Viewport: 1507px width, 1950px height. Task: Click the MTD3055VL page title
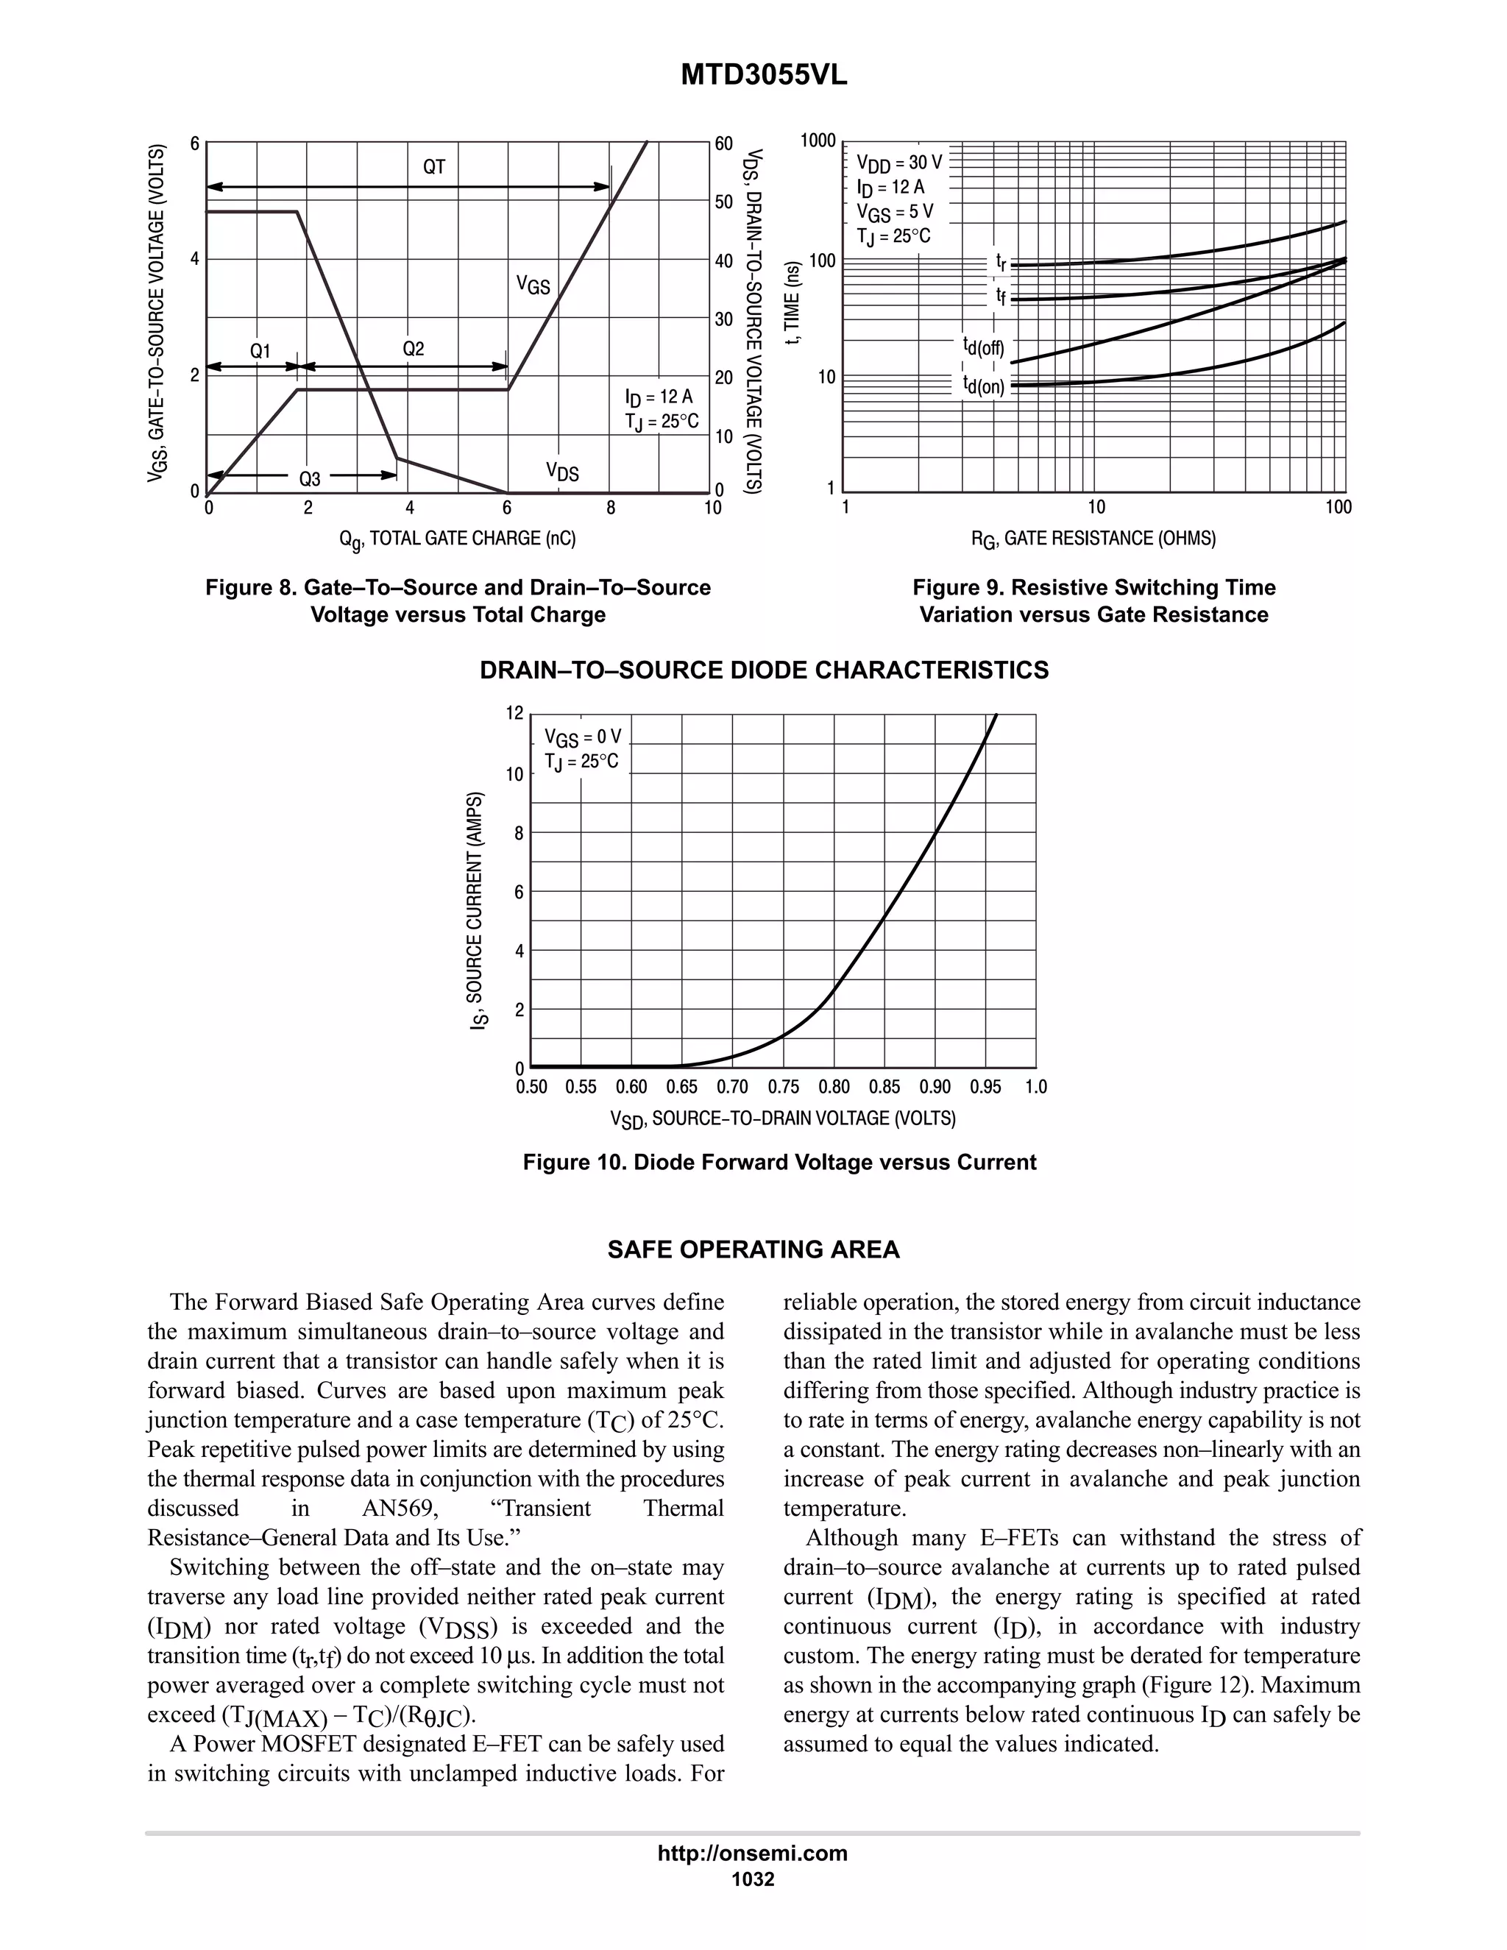click(x=763, y=75)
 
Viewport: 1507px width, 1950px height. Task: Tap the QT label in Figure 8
click(x=434, y=167)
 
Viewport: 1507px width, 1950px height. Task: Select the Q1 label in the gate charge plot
click(x=260, y=351)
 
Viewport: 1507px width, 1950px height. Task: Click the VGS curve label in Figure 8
click(x=533, y=285)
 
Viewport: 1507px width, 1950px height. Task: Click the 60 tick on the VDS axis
click(x=723, y=143)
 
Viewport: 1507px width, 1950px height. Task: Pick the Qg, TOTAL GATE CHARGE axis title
click(x=457, y=539)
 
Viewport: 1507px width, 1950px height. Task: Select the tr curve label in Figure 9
click(x=1001, y=263)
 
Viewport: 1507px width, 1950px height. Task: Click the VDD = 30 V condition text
click(x=899, y=163)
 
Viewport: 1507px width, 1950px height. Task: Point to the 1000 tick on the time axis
click(x=818, y=141)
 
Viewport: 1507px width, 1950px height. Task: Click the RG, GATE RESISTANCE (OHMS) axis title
click(x=1093, y=539)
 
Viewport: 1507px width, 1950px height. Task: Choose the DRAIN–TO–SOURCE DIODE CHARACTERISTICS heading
click(x=765, y=670)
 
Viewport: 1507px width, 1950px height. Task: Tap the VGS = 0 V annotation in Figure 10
click(x=582, y=737)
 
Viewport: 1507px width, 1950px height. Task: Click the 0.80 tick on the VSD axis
click(x=834, y=1087)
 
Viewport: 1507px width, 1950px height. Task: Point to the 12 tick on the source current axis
click(x=514, y=712)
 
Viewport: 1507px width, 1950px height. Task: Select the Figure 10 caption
click(x=779, y=1163)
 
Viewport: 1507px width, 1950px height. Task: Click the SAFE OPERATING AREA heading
click(x=753, y=1250)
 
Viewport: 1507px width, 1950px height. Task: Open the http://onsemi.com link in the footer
click(x=752, y=1853)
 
